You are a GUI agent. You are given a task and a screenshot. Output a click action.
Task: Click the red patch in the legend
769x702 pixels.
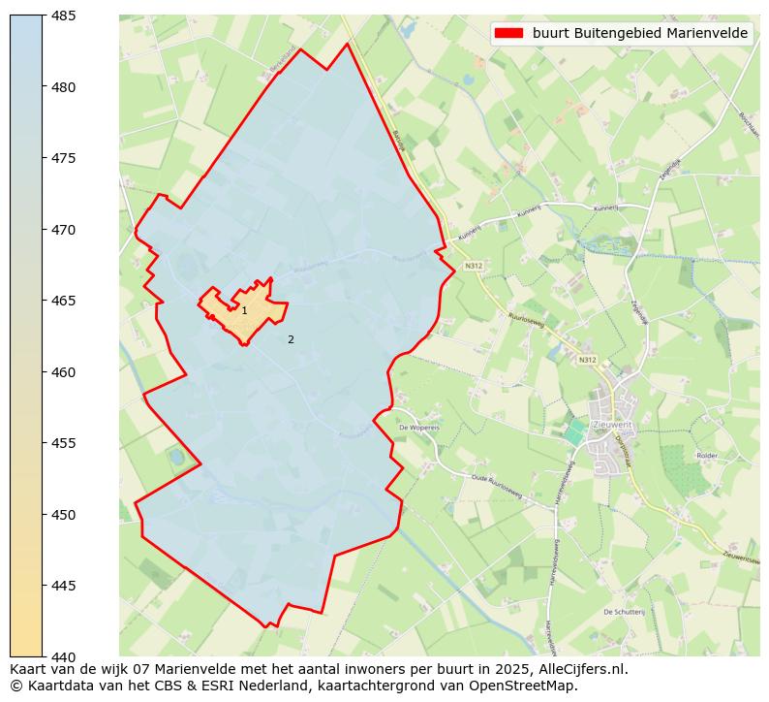coord(508,33)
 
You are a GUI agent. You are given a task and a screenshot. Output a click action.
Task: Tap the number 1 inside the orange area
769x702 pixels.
coord(244,310)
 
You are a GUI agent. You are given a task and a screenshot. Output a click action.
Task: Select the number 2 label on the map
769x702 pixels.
coord(291,339)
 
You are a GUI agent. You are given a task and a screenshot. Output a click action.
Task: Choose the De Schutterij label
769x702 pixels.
coord(624,612)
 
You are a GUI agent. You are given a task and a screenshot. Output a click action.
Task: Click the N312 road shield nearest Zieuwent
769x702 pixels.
coord(587,360)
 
